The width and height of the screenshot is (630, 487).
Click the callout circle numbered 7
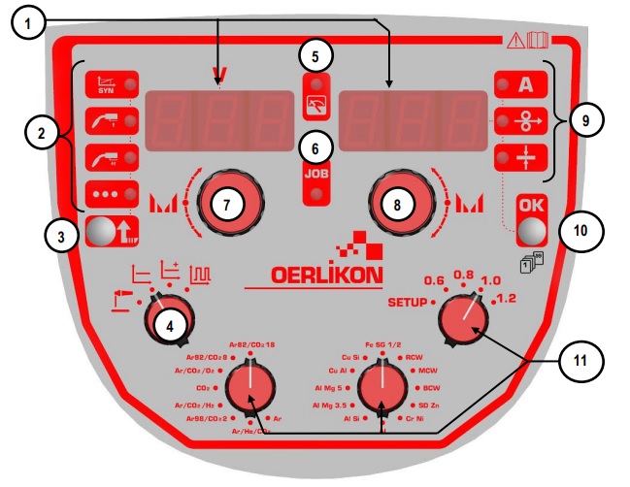click(224, 205)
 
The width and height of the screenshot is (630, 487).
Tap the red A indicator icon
click(525, 84)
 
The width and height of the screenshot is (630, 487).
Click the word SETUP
click(406, 302)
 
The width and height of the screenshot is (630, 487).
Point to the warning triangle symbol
click(514, 41)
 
